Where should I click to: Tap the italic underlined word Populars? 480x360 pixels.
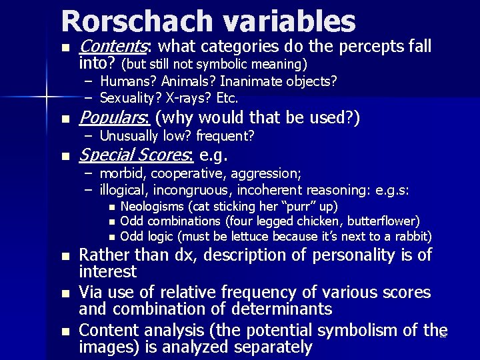[115, 119]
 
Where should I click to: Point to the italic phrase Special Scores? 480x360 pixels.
[136, 156]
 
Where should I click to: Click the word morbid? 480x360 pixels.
[121, 173]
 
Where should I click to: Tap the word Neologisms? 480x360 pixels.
[153, 206]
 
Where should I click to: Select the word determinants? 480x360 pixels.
[291, 309]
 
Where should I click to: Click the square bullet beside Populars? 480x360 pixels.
[64, 120]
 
